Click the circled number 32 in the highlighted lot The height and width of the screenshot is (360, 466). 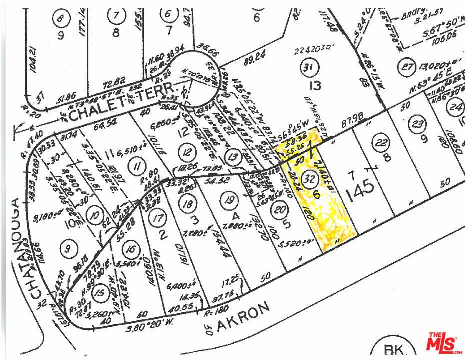[x=310, y=179]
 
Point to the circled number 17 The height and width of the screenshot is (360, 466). [x=158, y=218]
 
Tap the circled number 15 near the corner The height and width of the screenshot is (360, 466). [x=100, y=292]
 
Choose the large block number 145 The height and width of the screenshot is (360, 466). [x=359, y=189]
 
